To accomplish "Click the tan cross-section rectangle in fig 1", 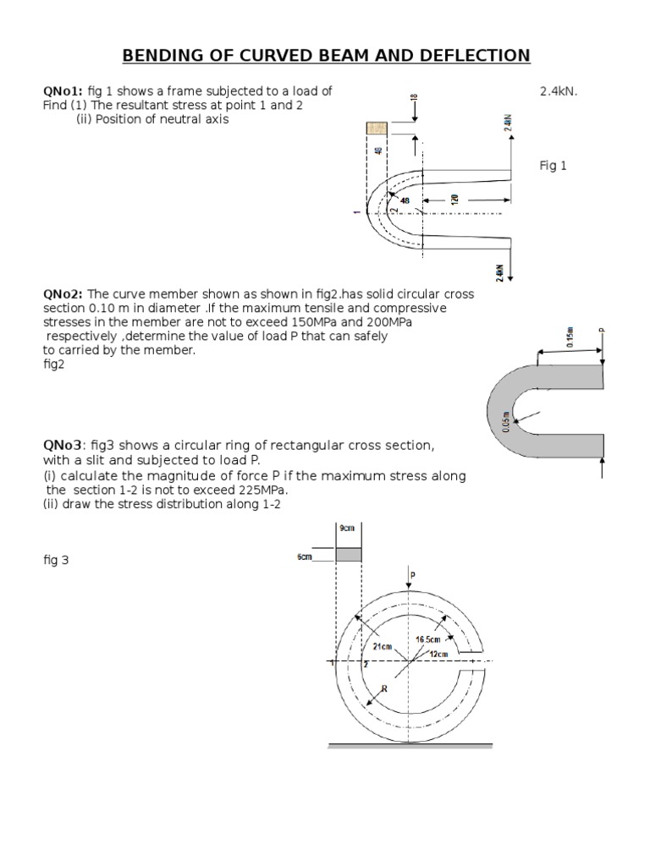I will click(x=377, y=128).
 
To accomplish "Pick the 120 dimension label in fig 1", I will click(x=454, y=200).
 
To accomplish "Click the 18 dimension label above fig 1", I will click(x=413, y=99).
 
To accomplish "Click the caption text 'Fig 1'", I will click(x=554, y=166).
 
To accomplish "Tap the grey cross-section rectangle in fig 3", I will click(x=350, y=555).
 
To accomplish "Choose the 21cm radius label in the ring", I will click(x=383, y=646).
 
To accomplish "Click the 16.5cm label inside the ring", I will click(x=428, y=639).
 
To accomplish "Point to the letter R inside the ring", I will click(x=383, y=689).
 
